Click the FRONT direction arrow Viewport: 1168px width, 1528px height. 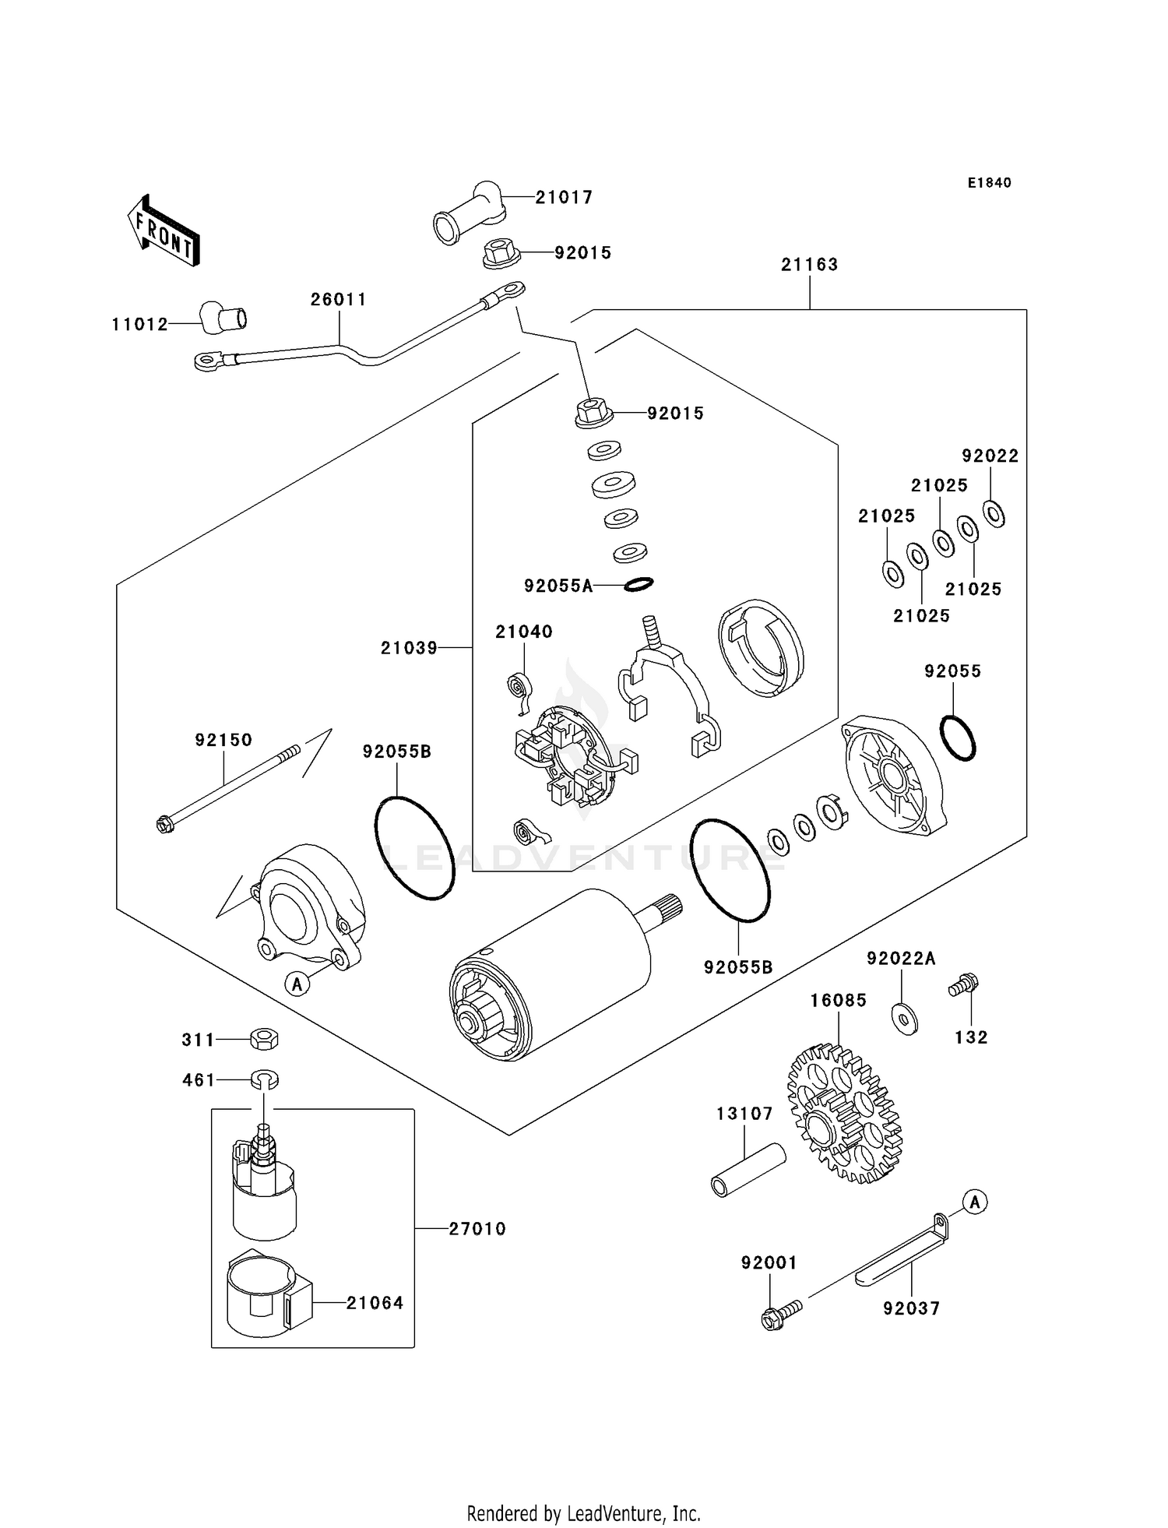tap(164, 231)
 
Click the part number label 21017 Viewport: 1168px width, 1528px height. tap(564, 198)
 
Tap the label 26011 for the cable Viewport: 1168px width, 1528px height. tap(338, 300)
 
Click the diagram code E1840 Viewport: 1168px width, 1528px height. tap(989, 183)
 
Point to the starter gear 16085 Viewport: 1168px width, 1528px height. tap(844, 1114)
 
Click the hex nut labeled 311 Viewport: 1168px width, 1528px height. tap(264, 1039)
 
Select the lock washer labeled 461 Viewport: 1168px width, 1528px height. tap(265, 1079)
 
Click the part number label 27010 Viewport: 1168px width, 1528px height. tap(477, 1229)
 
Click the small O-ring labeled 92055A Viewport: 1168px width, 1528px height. tap(638, 584)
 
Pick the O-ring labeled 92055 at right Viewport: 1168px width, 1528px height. tap(957, 738)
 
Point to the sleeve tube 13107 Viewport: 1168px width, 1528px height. tap(748, 1169)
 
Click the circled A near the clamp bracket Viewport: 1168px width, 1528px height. tap(974, 1202)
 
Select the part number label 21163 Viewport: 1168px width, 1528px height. tap(809, 265)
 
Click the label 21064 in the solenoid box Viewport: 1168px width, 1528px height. tap(375, 1303)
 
